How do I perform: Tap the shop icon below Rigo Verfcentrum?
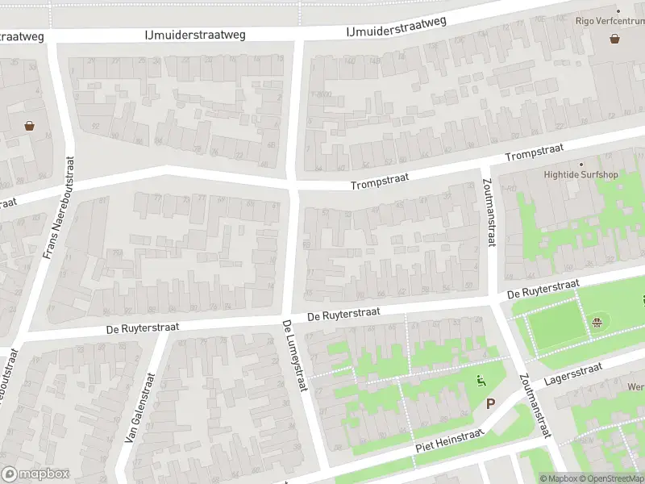click(x=615, y=38)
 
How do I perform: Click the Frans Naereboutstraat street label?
click(x=57, y=208)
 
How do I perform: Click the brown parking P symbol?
click(x=490, y=403)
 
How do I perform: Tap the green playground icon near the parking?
click(x=482, y=382)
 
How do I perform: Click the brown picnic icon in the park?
click(x=597, y=323)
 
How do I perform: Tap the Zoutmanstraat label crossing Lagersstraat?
click(x=535, y=407)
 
